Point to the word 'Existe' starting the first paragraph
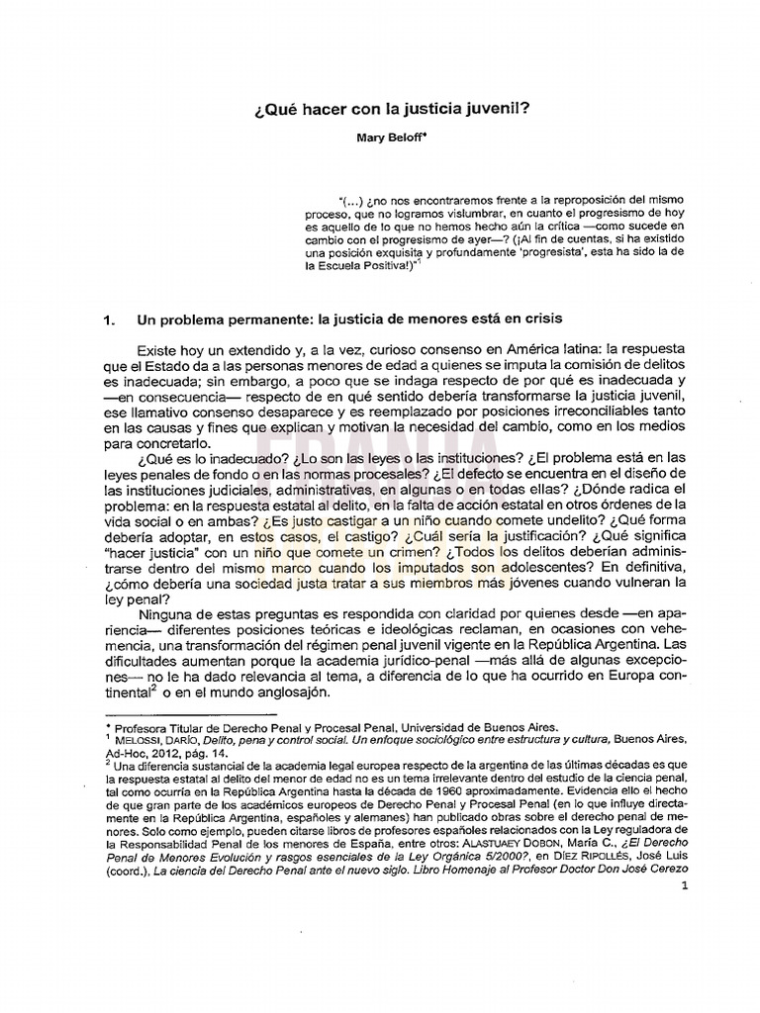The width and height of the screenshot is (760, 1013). [160, 350]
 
